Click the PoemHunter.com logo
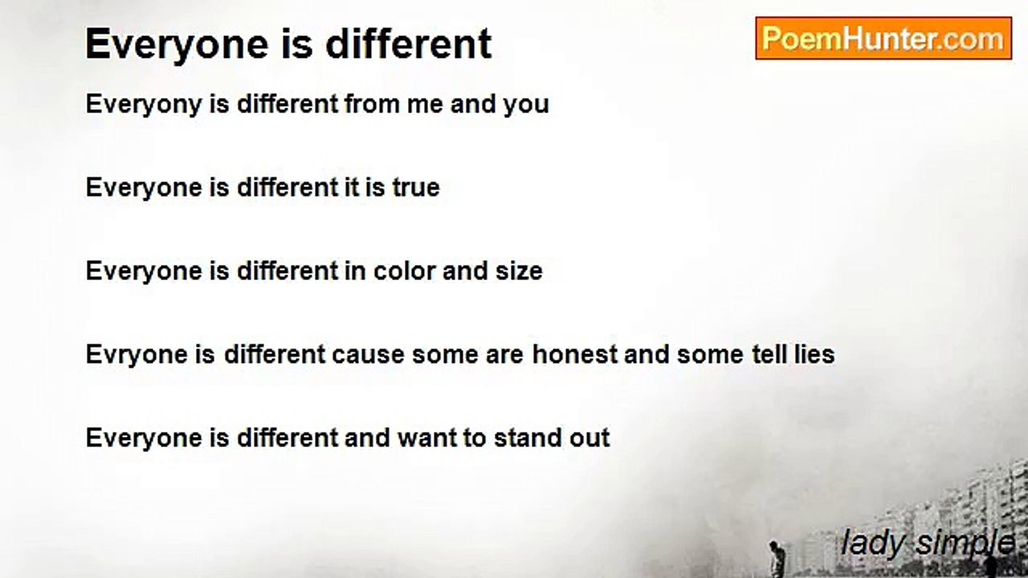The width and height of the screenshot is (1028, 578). tap(883, 39)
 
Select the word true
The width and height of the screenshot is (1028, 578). tap(415, 188)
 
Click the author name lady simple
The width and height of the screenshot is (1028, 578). tap(928, 543)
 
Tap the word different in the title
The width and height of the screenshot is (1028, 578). tap(408, 44)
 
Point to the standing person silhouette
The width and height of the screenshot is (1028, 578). tap(775, 557)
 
